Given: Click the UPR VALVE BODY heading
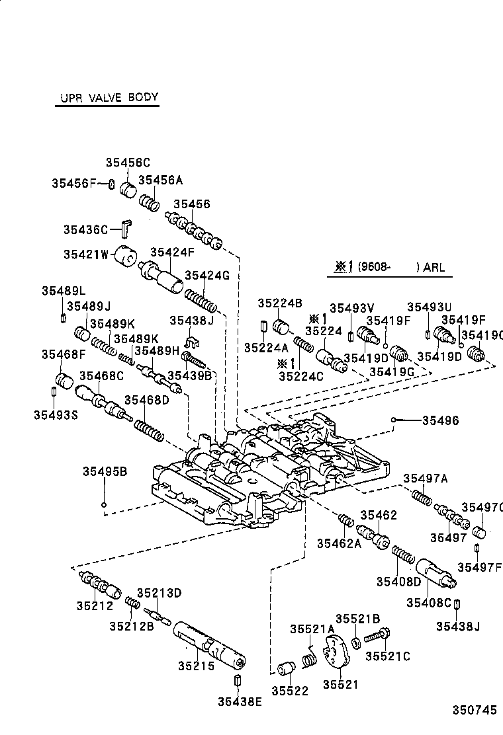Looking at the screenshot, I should pyautogui.click(x=106, y=97).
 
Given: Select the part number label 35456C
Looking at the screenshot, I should pyautogui.click(x=128, y=163).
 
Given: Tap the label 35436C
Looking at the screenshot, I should pyautogui.click(x=85, y=229).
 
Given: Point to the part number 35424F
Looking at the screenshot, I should pyautogui.click(x=172, y=252).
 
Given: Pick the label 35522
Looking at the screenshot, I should pyautogui.click(x=291, y=691).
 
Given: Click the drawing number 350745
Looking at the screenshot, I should pyautogui.click(x=474, y=711).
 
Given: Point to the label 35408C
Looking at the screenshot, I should pyautogui.click(x=428, y=602).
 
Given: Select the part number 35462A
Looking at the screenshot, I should pyautogui.click(x=339, y=543).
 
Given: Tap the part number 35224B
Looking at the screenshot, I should pyautogui.click(x=280, y=304).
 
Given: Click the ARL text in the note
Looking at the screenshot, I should pyautogui.click(x=434, y=268).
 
